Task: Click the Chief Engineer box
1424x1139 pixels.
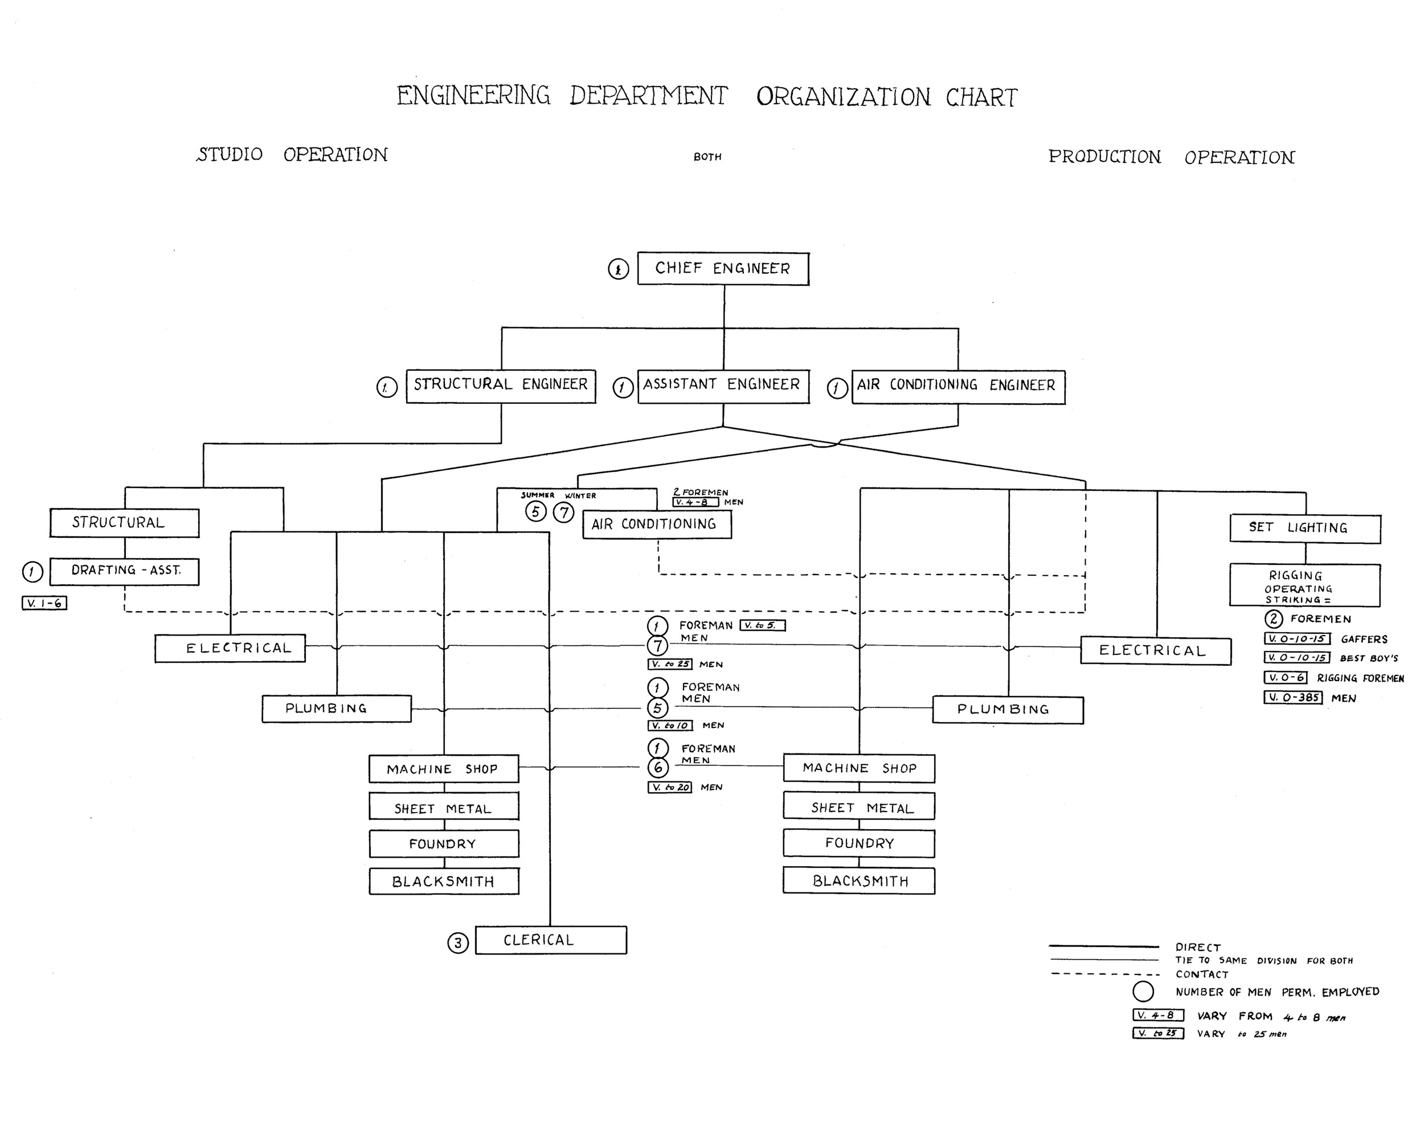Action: click(x=723, y=269)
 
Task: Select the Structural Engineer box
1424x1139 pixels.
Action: click(x=501, y=386)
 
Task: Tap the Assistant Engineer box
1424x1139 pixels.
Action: click(x=723, y=386)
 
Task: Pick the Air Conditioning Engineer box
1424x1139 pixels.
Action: click(x=957, y=386)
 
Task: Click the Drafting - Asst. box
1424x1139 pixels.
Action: click(x=124, y=571)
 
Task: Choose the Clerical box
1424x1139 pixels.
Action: click(x=551, y=940)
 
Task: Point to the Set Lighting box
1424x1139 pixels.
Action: click(x=1304, y=528)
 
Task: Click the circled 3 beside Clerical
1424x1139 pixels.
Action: click(x=458, y=943)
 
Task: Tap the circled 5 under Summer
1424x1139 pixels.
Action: click(x=535, y=512)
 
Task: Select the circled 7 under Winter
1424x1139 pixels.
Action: click(x=563, y=513)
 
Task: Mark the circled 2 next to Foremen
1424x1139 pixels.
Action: click(x=1274, y=618)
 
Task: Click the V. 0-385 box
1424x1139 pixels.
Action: click(x=1292, y=697)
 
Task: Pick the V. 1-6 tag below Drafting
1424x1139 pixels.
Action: click(x=44, y=603)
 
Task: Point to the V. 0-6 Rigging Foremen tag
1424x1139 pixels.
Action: click(x=1284, y=678)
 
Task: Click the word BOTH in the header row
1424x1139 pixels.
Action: click(x=707, y=157)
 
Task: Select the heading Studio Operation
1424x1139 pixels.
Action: click(x=292, y=155)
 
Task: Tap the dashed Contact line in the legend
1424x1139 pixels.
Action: click(x=1104, y=974)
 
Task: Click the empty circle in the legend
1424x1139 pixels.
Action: click(x=1143, y=991)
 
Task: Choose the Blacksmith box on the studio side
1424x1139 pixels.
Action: click(x=444, y=882)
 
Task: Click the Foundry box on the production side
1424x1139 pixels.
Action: click(x=858, y=843)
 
